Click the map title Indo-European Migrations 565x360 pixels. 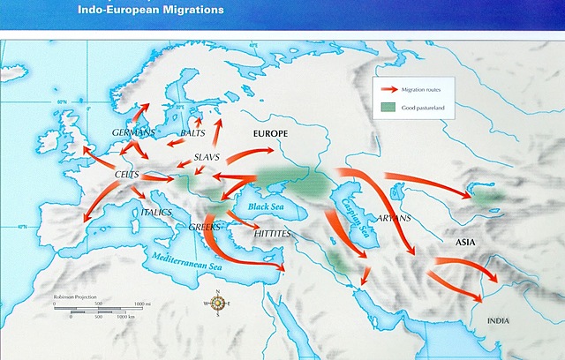click(x=164, y=11)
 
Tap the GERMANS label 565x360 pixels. click(x=133, y=132)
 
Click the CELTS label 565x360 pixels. click(x=129, y=176)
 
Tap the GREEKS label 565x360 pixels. click(x=204, y=227)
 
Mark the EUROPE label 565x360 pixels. click(x=270, y=132)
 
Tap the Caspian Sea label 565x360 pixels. click(x=351, y=217)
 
